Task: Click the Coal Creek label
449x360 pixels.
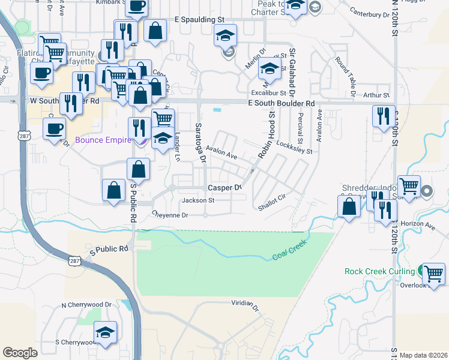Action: (x=290, y=250)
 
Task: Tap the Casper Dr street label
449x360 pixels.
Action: (x=224, y=188)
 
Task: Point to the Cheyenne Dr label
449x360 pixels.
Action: (x=170, y=214)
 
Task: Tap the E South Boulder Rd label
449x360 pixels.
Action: (x=282, y=103)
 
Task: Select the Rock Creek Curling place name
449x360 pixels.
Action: (x=381, y=271)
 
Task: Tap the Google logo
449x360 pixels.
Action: (x=20, y=352)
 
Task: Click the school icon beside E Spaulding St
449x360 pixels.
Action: (x=225, y=35)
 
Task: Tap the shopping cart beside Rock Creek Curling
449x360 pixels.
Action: (x=434, y=274)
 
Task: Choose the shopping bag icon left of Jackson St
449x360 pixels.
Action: (x=114, y=191)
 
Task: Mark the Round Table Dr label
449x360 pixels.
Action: (x=346, y=71)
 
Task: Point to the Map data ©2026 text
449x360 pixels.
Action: (x=423, y=355)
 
